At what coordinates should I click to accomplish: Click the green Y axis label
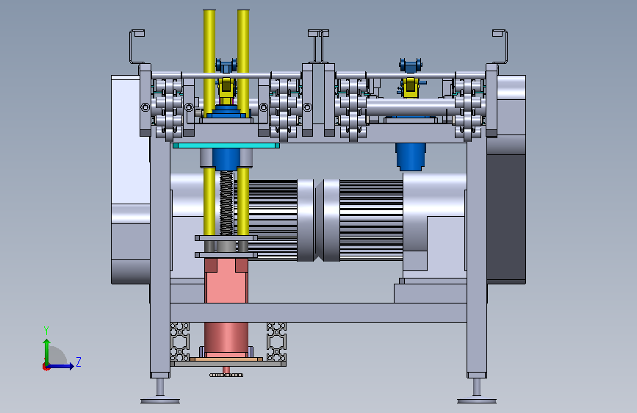46,330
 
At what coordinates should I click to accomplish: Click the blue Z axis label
79,362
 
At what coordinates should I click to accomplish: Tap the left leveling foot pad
160,401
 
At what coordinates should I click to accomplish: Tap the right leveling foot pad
477,401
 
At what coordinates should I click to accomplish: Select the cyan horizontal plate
226,145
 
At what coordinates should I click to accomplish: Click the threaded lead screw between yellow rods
227,203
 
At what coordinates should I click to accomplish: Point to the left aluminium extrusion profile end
179,342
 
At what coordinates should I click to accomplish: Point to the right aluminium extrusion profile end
277,342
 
